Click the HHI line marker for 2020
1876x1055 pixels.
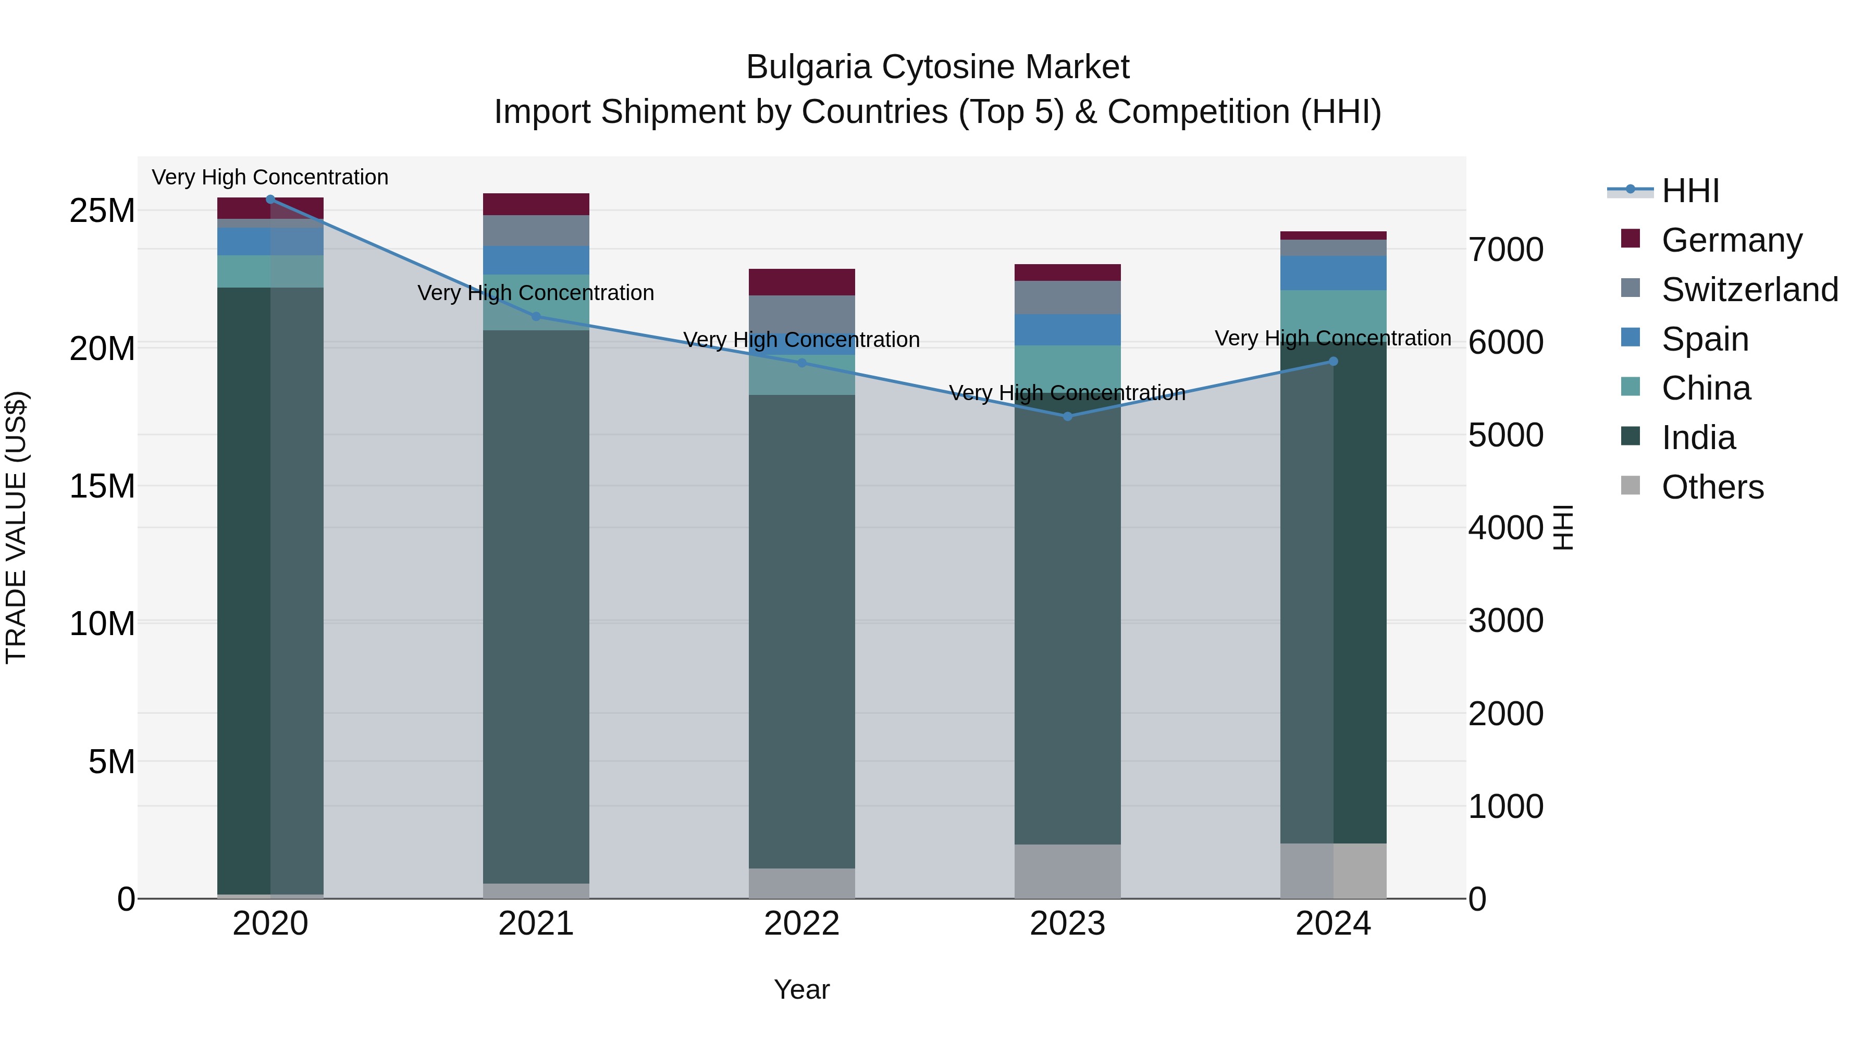(x=270, y=199)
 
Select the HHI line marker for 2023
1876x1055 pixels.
(x=1068, y=416)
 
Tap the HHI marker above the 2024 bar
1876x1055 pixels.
(x=1334, y=361)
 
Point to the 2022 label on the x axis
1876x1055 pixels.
(x=802, y=924)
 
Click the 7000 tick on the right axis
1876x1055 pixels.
(x=1505, y=250)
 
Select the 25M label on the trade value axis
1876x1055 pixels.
(x=102, y=211)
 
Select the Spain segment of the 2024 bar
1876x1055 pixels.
(x=1334, y=273)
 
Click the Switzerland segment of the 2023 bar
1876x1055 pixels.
(x=1068, y=297)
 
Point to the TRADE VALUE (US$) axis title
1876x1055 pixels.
(x=16, y=527)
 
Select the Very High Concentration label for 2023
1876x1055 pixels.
(x=1068, y=393)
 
